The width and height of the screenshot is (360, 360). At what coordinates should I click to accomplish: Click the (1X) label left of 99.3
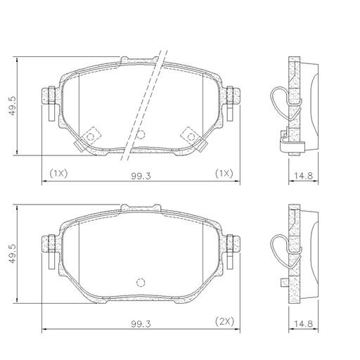tap(58, 174)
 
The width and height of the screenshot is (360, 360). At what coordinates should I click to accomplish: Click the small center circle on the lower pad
tap(139, 283)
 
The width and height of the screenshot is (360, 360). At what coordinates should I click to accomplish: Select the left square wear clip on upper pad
tap(90, 136)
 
